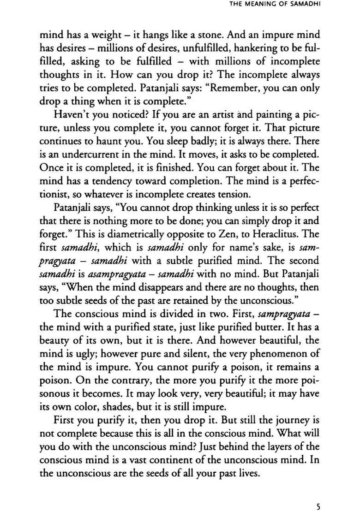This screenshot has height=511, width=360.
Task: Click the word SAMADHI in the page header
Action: pyautogui.click(x=304, y=5)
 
